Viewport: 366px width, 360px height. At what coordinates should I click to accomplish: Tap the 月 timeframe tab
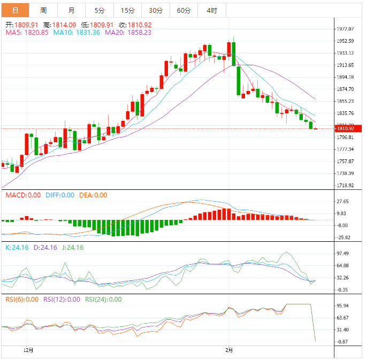click(x=72, y=10)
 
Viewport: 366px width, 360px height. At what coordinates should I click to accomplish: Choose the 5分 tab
click(x=100, y=10)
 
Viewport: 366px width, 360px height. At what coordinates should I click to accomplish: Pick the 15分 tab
click(x=127, y=10)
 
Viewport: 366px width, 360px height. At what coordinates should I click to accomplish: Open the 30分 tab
click(x=155, y=10)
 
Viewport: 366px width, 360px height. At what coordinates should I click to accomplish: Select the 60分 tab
click(x=183, y=10)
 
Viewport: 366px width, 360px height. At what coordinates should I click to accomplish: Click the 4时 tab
click(x=211, y=10)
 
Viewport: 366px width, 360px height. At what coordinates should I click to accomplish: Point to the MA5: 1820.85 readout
click(x=27, y=32)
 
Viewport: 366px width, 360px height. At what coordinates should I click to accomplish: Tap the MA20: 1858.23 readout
click(x=128, y=32)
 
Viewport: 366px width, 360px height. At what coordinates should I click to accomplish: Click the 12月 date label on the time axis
click(x=29, y=350)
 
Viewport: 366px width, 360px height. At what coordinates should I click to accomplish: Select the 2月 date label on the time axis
click(x=229, y=350)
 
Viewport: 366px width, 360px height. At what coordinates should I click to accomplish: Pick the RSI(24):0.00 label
click(x=103, y=300)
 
